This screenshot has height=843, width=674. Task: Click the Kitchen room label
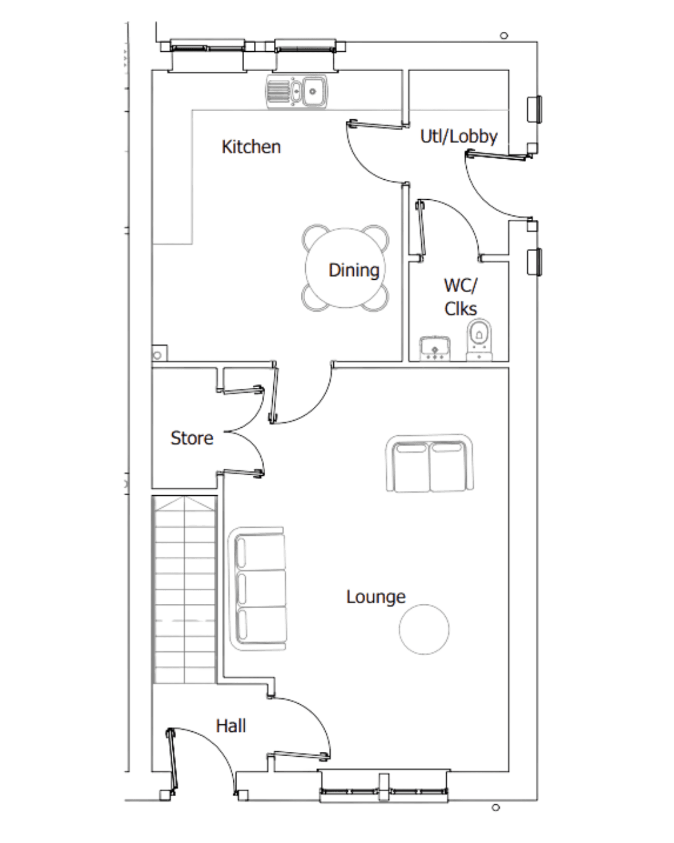click(x=252, y=147)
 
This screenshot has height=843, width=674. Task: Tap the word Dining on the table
click(x=354, y=270)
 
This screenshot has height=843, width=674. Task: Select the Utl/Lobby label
click(x=459, y=137)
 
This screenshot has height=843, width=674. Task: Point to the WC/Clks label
click(x=461, y=297)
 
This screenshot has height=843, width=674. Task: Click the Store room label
click(x=192, y=438)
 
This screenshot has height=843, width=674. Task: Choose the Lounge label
click(x=376, y=597)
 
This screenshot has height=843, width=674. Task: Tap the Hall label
click(x=231, y=726)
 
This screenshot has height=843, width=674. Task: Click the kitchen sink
click(x=296, y=91)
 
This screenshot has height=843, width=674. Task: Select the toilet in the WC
click(x=479, y=341)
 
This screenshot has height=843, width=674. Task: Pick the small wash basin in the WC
click(x=434, y=348)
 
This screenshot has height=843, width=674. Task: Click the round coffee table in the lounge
click(x=424, y=629)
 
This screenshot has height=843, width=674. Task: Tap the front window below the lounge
click(x=384, y=783)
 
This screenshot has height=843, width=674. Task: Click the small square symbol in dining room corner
click(x=159, y=354)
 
